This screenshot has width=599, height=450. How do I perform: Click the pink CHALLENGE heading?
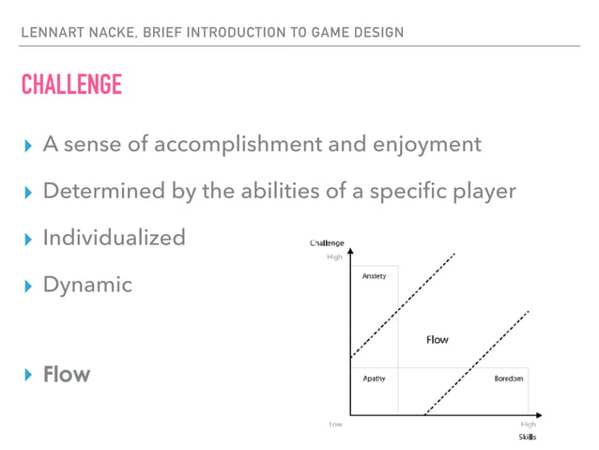[71, 85]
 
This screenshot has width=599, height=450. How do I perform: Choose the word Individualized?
[114, 237]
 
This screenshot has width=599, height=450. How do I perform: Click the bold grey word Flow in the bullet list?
[67, 374]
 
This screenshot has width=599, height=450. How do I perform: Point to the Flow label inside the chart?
[437, 339]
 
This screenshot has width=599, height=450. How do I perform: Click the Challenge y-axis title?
[328, 243]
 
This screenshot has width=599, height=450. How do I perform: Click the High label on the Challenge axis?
[333, 255]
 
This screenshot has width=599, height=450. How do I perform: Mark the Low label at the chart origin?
[334, 425]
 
